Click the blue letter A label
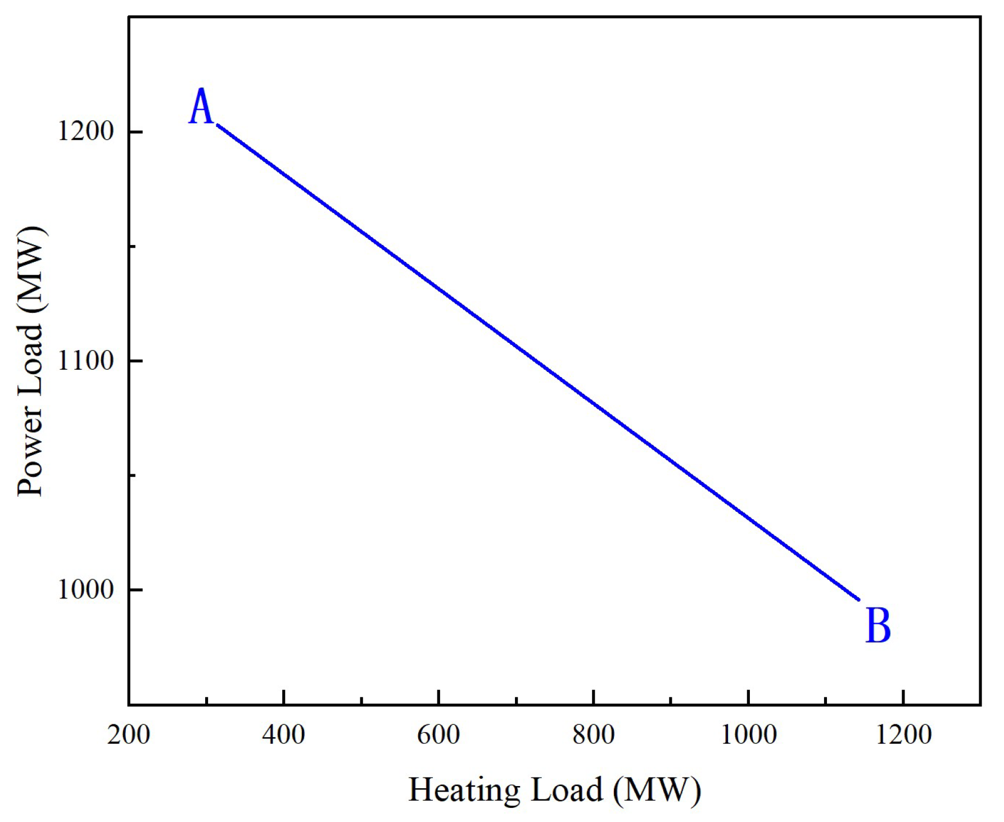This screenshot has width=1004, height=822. tap(201, 107)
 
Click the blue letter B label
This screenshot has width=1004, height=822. tap(878, 625)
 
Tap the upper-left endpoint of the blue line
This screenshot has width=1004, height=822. tap(218, 125)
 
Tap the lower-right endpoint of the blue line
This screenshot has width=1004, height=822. tap(859, 600)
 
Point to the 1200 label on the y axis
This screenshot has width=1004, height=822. tap(85, 131)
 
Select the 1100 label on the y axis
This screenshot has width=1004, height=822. tap(85, 360)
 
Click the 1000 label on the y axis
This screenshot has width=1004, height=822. tap(85, 589)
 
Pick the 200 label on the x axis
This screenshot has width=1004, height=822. tap(129, 734)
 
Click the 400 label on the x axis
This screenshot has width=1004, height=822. tap(283, 734)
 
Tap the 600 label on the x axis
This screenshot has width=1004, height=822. tap(438, 734)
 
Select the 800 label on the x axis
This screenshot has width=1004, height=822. tap(594, 734)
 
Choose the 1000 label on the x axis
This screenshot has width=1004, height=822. tap(748, 734)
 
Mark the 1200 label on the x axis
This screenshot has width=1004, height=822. tap(903, 734)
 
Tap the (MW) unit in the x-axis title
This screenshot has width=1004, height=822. tap(657, 791)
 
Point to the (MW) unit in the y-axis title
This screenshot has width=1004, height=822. tap(30, 270)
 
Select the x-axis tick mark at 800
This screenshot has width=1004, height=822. tap(594, 697)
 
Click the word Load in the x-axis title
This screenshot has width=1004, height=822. tap(567, 791)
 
